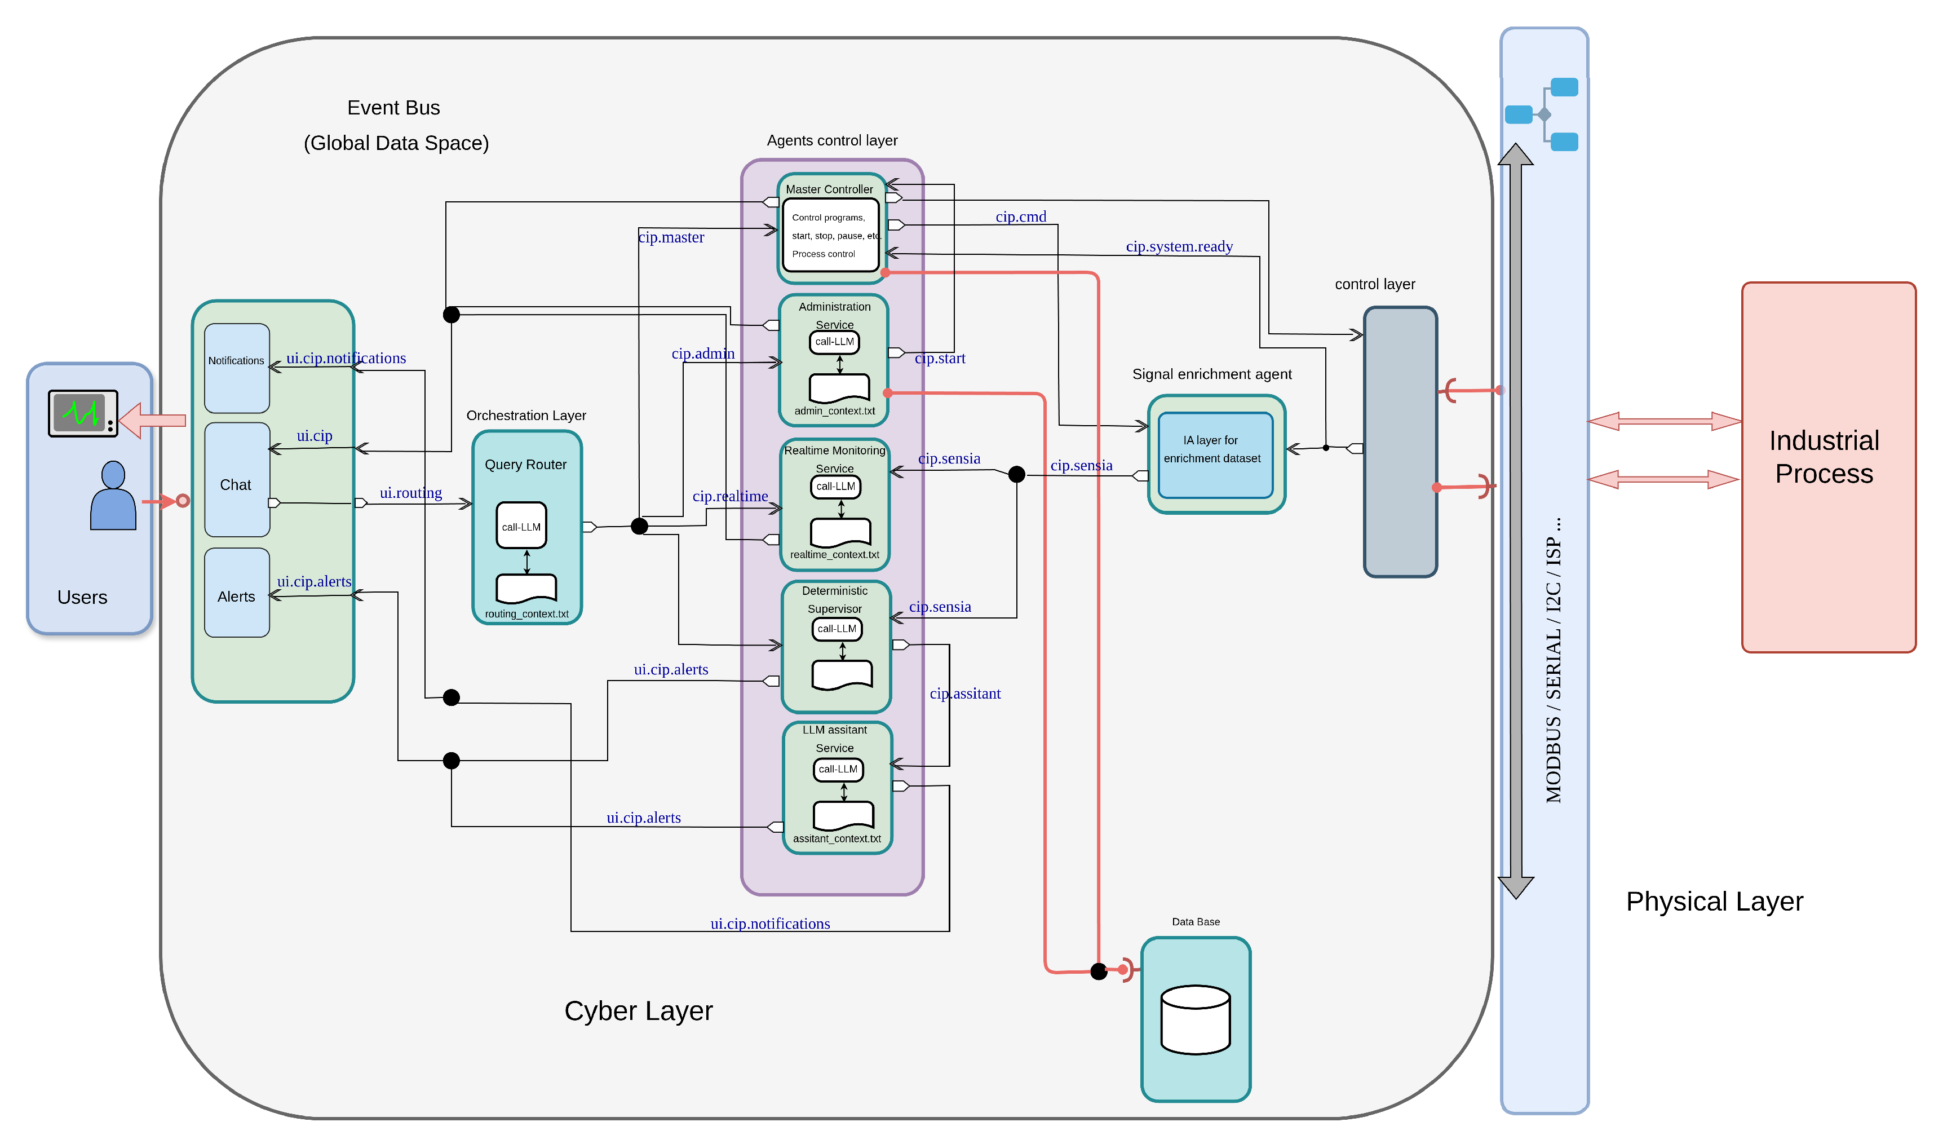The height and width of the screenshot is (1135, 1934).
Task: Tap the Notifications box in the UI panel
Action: click(x=236, y=368)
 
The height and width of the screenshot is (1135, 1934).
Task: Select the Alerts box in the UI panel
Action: click(x=236, y=593)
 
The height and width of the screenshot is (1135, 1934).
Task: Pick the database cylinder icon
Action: click(x=1196, y=1020)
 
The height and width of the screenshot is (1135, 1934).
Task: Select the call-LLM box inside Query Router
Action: click(x=521, y=525)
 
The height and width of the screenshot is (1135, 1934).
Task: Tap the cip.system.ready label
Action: click(x=1179, y=246)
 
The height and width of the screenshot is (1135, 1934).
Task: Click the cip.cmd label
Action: click(x=1021, y=217)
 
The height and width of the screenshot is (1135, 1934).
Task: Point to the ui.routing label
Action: click(x=410, y=493)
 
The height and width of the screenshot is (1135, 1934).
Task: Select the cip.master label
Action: click(x=671, y=237)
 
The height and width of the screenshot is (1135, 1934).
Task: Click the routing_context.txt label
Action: click(x=526, y=614)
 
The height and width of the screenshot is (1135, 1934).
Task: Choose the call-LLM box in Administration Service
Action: click(x=834, y=342)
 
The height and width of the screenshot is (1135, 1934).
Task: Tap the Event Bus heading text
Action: click(x=393, y=108)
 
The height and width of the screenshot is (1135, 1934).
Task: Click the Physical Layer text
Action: click(x=1714, y=901)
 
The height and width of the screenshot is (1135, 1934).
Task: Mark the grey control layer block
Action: click(x=1400, y=441)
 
